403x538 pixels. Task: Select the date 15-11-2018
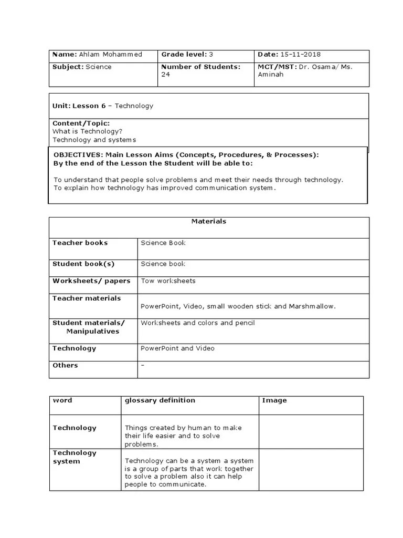(x=301, y=55)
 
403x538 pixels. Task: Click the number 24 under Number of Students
(x=165, y=75)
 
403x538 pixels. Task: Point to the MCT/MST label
(x=277, y=67)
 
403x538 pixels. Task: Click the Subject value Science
(x=99, y=67)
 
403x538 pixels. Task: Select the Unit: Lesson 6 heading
(x=79, y=106)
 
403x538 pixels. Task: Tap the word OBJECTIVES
(x=78, y=155)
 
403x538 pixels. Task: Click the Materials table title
(x=209, y=221)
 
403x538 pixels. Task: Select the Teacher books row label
(x=80, y=243)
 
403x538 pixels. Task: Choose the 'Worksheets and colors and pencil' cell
(x=197, y=323)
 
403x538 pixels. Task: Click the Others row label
(x=65, y=365)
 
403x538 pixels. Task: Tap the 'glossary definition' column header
(x=160, y=400)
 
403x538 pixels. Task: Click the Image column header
(x=274, y=400)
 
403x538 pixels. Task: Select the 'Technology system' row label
(x=75, y=457)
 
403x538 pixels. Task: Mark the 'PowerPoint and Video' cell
(x=177, y=348)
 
